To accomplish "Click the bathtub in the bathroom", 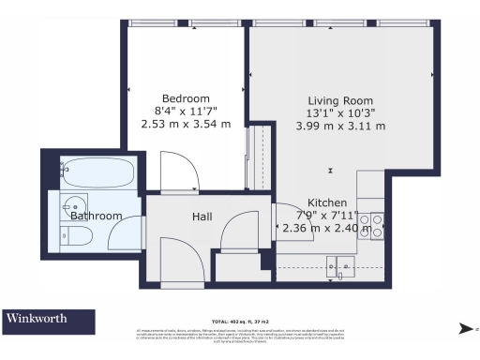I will [x=96, y=172].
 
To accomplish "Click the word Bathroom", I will [x=96, y=217].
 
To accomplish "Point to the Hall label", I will [x=202, y=217].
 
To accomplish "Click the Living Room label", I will [x=340, y=101].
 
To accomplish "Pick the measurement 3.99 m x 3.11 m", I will [x=340, y=126].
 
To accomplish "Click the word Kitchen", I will [x=328, y=202].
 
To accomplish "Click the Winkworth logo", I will [x=37, y=319].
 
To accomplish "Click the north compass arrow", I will [x=466, y=328].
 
